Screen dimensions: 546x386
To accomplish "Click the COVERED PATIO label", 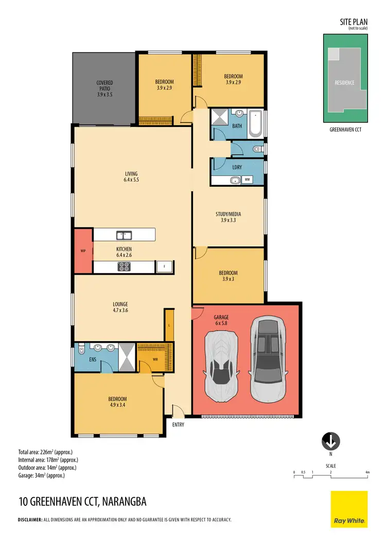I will [104, 88].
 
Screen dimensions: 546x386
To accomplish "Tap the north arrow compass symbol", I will [330, 441].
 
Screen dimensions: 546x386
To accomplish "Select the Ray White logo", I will [349, 509].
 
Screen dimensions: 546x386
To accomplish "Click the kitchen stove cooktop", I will [124, 267].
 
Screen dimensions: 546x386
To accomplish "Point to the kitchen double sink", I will [124, 236].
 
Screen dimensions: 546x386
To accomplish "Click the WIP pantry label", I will [83, 251].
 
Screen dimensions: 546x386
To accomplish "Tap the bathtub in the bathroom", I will [255, 124].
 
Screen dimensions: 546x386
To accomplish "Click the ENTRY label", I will [178, 425].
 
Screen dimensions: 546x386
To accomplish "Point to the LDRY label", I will [237, 167].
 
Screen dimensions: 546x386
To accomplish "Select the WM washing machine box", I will [247, 180].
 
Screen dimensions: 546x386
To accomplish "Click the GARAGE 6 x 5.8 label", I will [221, 321].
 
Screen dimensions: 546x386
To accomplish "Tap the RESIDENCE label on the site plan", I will [345, 82].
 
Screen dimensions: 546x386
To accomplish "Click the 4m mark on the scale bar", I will [367, 472].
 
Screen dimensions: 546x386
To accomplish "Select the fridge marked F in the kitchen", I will [164, 267].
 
